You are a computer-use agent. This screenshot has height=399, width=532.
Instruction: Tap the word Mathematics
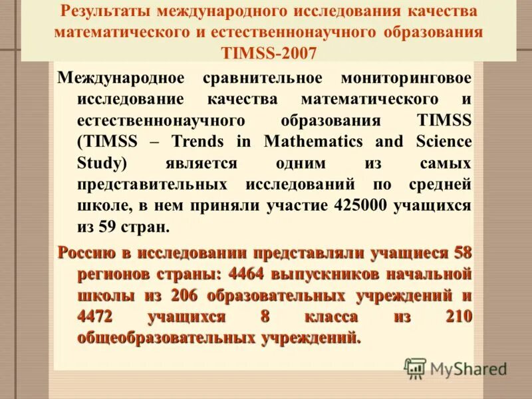pyautogui.click(x=313, y=142)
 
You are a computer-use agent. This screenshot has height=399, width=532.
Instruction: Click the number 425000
pyautogui.click(x=358, y=205)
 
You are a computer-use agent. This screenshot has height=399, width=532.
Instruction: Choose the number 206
pyautogui.click(x=184, y=295)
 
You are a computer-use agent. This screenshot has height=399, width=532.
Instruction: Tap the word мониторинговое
pyautogui.click(x=406, y=78)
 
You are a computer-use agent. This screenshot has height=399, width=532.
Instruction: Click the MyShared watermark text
pyautogui.click(x=468, y=368)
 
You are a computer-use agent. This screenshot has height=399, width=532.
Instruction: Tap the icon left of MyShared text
pyautogui.click(x=415, y=368)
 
